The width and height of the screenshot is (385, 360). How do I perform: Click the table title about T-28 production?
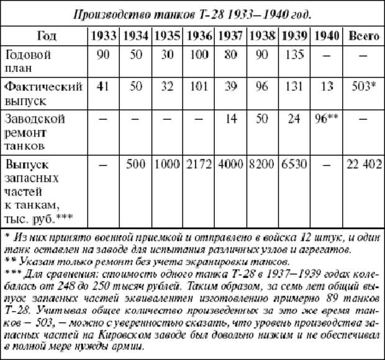click(192, 14)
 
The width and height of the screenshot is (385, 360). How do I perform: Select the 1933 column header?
click(104, 35)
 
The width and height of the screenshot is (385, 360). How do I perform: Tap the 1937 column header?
click(232, 35)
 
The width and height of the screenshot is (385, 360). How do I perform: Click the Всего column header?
click(363, 35)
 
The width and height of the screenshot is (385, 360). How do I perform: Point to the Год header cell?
click(47, 35)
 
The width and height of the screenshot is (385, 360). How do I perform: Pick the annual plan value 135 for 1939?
click(296, 55)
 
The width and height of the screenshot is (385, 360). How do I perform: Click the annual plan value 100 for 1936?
click(199, 55)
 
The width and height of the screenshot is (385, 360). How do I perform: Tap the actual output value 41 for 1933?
click(104, 86)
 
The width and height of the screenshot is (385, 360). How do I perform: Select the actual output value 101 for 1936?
click(199, 86)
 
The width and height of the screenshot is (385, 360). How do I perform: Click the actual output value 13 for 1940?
click(327, 86)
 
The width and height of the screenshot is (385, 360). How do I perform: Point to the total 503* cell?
click(363, 86)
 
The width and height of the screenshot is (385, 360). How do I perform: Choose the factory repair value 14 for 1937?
click(232, 118)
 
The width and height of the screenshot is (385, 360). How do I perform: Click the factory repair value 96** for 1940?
click(327, 118)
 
